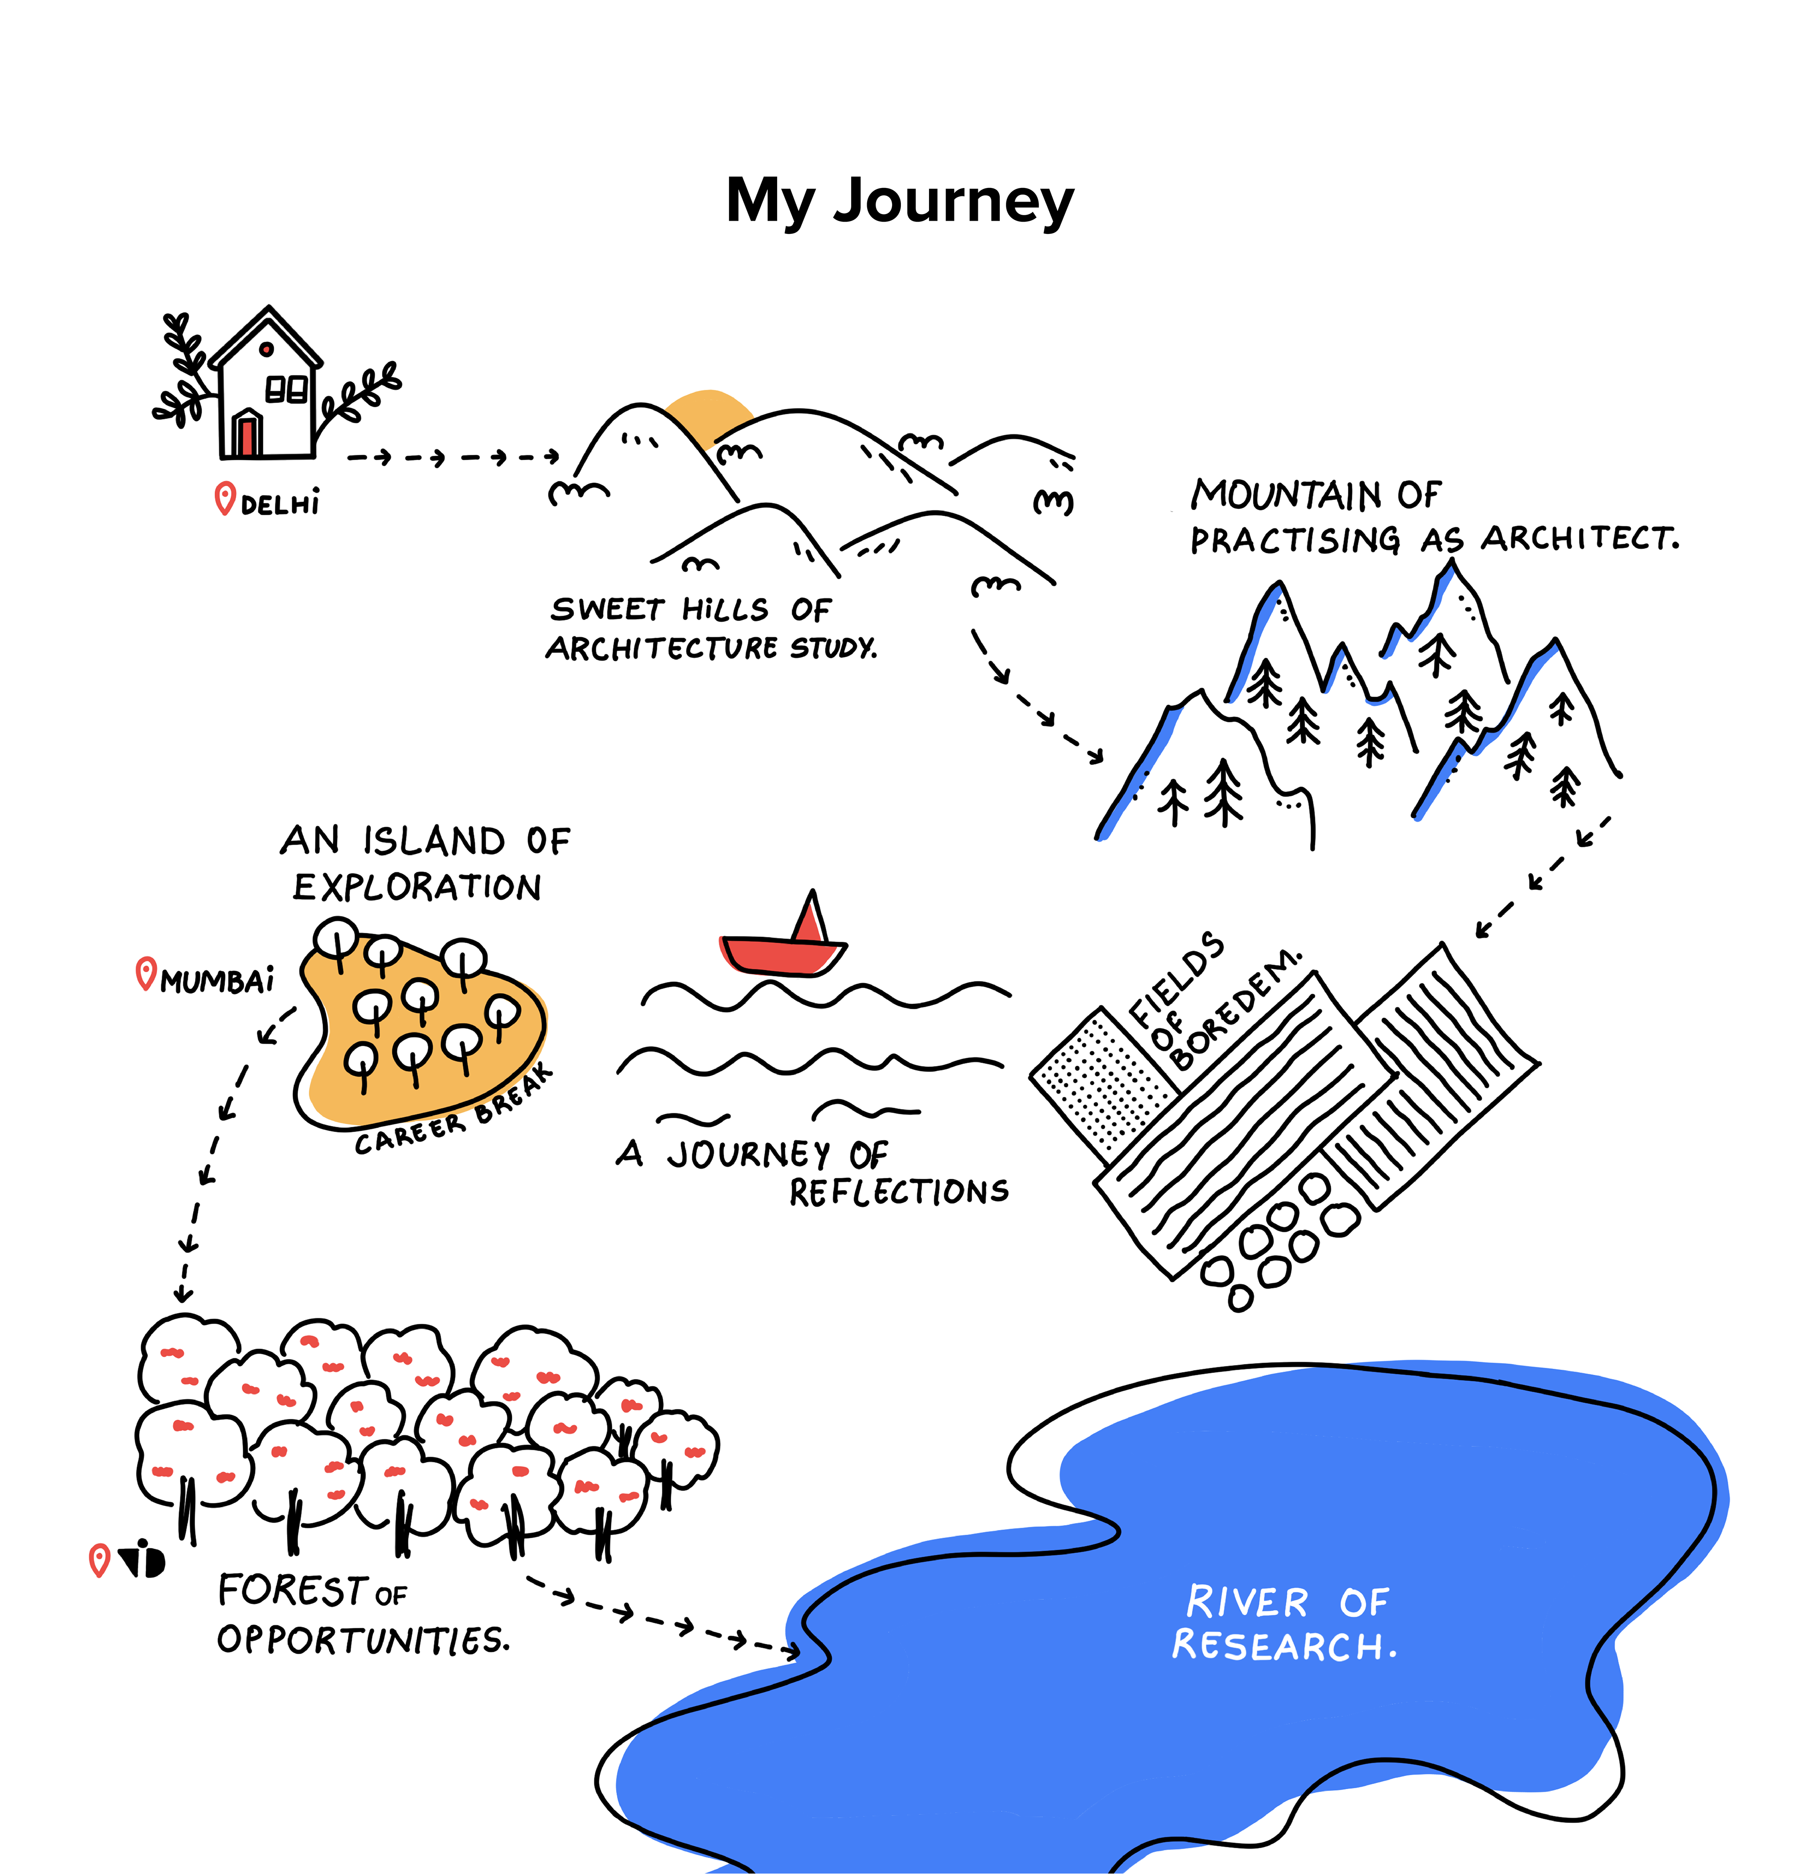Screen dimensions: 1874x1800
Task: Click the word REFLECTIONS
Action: pyautogui.click(x=899, y=1192)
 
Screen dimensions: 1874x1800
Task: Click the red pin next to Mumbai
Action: pyautogui.click(x=145, y=974)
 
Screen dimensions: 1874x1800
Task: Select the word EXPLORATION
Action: pyautogui.click(x=417, y=887)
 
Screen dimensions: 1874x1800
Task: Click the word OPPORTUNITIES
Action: pyautogui.click(x=363, y=1640)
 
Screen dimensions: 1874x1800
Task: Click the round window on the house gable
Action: pyautogui.click(x=267, y=349)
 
